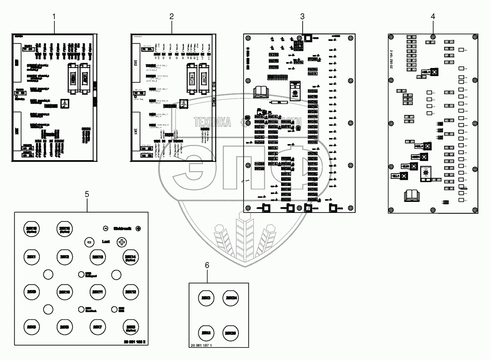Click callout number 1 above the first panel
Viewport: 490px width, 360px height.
coord(54,16)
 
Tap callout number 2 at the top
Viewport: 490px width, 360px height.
coord(171,16)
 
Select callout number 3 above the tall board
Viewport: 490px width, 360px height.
coord(302,16)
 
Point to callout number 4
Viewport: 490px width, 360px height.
coord(433,16)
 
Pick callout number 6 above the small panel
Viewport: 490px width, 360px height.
coord(207,265)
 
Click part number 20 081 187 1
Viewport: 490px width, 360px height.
coord(204,345)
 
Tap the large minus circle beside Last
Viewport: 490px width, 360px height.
coord(89,242)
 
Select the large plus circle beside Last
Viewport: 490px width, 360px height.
coord(122,242)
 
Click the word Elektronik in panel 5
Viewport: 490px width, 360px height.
coord(122,229)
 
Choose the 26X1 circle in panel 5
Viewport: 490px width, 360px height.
coord(30,257)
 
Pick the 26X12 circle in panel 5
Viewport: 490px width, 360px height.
coord(130,292)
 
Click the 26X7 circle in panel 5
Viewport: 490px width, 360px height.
coord(97,327)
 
